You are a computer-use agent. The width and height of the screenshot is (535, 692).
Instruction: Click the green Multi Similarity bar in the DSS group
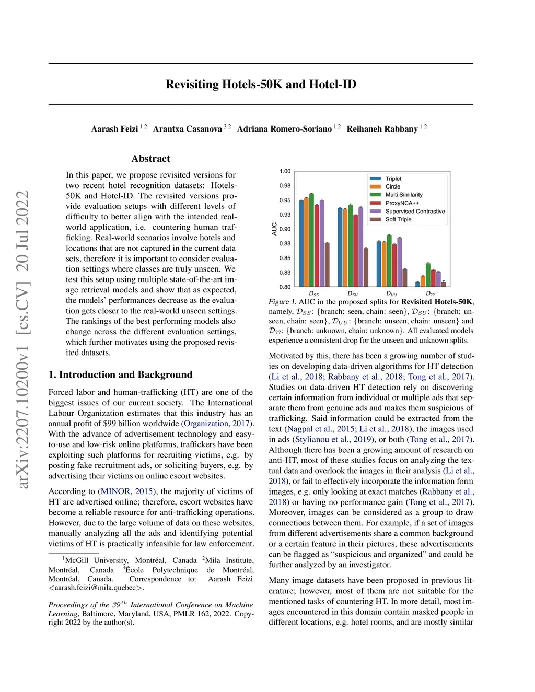[x=311, y=240]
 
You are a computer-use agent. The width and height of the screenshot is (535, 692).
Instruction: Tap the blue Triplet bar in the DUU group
[x=379, y=264]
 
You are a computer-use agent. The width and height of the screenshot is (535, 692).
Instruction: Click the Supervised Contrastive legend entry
[x=415, y=212]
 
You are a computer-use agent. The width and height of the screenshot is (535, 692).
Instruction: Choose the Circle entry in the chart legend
[x=393, y=186]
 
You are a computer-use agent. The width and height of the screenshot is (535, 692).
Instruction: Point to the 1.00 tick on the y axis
[x=285, y=171]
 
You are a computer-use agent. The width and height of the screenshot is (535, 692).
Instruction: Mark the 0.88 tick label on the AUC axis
[x=285, y=244]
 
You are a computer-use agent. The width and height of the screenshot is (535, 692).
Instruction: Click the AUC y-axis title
[x=274, y=229]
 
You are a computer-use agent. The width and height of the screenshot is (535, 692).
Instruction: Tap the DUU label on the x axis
[x=391, y=294]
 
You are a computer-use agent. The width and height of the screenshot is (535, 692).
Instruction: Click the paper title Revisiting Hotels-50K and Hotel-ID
[x=261, y=85]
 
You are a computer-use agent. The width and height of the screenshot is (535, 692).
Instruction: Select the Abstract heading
[x=150, y=159]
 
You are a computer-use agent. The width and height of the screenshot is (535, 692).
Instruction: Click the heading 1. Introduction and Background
[x=120, y=374]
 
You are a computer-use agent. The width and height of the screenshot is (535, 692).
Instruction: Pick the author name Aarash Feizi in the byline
[x=114, y=129]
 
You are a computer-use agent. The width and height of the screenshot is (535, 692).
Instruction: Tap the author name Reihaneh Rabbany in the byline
[x=382, y=129]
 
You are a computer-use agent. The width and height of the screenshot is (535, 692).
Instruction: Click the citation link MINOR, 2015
[x=126, y=491]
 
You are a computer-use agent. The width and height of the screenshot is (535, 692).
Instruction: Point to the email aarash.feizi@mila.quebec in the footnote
[x=96, y=588]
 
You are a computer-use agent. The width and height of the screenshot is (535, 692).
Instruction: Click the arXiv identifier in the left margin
[x=23, y=339]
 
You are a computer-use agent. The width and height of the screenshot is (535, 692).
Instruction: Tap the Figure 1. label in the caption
[x=282, y=302]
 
